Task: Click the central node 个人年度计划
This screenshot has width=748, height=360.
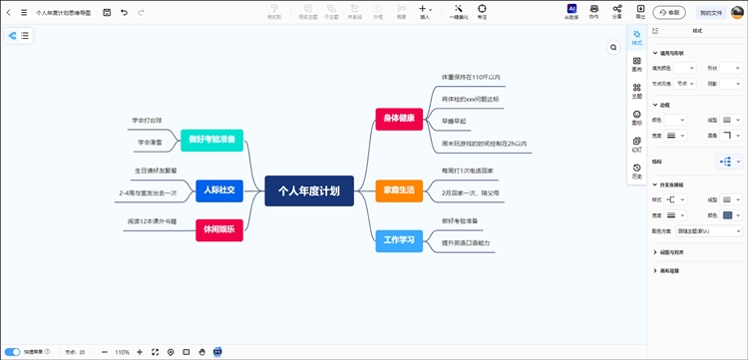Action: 309,189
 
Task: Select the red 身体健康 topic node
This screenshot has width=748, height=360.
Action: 398,119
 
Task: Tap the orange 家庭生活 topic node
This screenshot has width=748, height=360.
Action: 398,189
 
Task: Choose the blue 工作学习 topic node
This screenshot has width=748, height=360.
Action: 398,239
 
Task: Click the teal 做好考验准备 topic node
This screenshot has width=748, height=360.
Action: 212,141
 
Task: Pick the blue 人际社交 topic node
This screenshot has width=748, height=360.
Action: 219,189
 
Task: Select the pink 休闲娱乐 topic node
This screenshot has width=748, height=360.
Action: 219,229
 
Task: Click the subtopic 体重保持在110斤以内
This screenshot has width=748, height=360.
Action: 471,77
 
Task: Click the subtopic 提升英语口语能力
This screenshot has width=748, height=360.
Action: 466,243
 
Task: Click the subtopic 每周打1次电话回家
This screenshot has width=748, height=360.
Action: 468,171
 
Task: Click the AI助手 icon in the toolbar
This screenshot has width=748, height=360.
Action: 571,11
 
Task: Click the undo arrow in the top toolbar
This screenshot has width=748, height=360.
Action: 124,13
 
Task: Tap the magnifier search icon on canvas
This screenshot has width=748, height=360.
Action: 614,47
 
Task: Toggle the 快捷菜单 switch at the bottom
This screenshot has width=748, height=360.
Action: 13,352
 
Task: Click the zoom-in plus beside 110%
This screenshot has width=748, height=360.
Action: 140,352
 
